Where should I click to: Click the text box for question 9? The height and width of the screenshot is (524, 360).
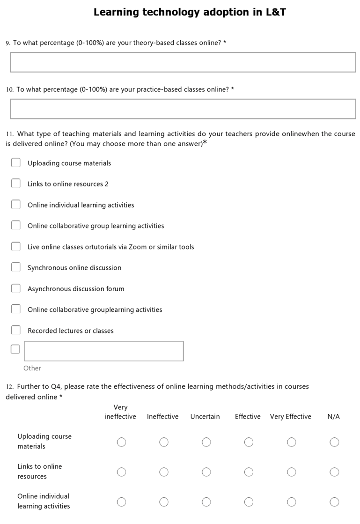click(x=183, y=62)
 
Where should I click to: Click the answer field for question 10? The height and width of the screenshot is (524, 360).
click(x=183, y=109)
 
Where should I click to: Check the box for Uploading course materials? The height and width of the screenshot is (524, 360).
click(x=16, y=162)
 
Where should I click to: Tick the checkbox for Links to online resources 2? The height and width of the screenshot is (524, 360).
click(x=16, y=184)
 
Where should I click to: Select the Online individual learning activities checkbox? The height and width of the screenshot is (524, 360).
click(x=16, y=205)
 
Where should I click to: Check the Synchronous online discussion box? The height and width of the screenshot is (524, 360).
click(x=16, y=267)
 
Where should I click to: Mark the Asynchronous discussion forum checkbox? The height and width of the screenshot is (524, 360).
click(x=16, y=288)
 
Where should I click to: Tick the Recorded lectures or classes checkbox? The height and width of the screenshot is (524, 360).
click(x=16, y=330)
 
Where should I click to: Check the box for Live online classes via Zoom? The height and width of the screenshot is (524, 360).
click(x=16, y=246)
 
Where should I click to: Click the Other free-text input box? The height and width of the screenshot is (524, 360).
click(x=104, y=351)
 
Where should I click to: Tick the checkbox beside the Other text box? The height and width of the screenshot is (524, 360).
click(x=15, y=349)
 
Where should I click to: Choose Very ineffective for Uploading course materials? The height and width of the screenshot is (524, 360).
click(x=121, y=442)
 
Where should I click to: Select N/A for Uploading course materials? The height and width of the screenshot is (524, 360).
click(x=334, y=442)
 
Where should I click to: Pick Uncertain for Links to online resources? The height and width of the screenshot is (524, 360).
click(x=206, y=472)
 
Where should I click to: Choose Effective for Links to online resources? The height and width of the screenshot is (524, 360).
click(x=249, y=472)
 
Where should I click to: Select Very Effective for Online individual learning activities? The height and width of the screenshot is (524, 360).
click(x=291, y=502)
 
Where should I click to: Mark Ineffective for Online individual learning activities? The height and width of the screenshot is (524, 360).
click(x=164, y=502)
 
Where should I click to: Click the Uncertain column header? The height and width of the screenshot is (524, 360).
click(x=205, y=417)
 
